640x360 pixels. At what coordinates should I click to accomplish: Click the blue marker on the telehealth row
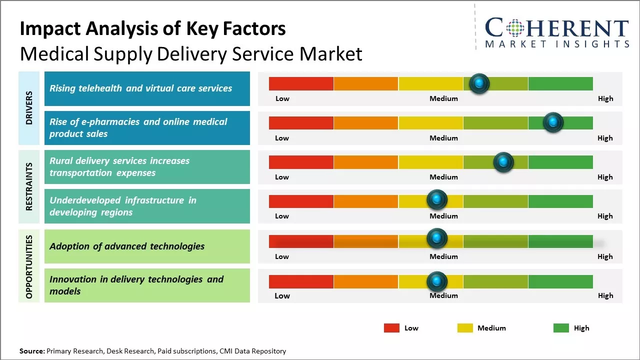point(479,83)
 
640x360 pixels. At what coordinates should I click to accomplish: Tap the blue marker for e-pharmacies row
point(553,122)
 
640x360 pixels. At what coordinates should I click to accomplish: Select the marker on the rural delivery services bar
point(503,162)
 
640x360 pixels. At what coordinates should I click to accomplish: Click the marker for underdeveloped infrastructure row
point(436,200)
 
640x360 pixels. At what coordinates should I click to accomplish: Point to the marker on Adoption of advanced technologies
point(436,238)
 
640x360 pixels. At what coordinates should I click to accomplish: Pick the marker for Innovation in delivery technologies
point(436,281)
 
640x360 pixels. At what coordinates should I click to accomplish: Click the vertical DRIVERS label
point(28,108)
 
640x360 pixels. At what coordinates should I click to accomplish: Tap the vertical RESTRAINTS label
point(28,186)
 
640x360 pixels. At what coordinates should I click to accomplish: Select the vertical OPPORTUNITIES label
point(28,266)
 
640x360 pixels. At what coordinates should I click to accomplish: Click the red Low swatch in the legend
point(391,328)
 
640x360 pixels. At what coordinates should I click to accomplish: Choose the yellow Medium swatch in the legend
point(465,328)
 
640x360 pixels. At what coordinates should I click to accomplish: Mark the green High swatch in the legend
point(561,328)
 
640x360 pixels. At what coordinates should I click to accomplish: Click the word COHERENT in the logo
point(557,28)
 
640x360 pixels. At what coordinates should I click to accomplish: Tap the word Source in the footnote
point(32,351)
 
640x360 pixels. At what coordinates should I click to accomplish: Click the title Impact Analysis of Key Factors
point(152,28)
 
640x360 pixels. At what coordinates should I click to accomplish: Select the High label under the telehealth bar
point(605,98)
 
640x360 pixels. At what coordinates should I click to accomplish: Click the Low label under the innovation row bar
point(282,295)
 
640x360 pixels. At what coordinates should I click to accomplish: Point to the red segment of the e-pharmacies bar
point(301,123)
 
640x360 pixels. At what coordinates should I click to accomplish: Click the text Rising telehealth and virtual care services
point(140,88)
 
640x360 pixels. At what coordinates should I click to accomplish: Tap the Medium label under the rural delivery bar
point(443,177)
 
